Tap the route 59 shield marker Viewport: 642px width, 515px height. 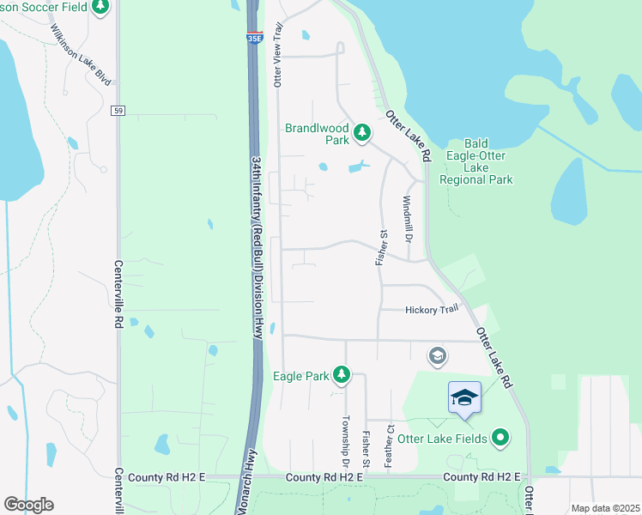tap(118, 111)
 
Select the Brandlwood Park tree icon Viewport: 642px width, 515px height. tap(362, 132)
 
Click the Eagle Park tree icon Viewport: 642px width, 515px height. tap(342, 374)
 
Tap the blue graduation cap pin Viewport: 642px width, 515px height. tap(463, 397)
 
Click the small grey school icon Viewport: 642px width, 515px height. tap(437, 354)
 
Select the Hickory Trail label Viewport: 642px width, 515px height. tap(432, 310)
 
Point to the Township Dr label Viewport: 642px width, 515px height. tap(346, 440)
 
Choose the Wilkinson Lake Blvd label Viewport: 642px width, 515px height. tap(81, 53)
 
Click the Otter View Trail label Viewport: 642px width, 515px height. tap(277, 55)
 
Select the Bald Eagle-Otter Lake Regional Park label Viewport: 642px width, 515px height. tap(475, 161)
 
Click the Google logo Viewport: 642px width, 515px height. tap(28, 504)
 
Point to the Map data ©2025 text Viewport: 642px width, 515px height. tap(605, 508)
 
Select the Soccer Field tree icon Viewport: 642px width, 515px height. tap(101, 7)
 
